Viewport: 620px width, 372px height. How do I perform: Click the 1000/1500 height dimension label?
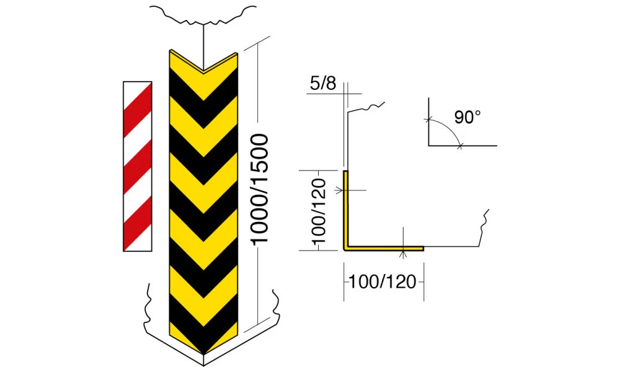pyautogui.click(x=259, y=189)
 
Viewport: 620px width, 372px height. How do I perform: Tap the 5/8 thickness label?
pyautogui.click(x=323, y=84)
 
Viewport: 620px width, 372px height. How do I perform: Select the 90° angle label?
pyautogui.click(x=467, y=117)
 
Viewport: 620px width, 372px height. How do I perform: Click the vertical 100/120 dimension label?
pyautogui.click(x=318, y=211)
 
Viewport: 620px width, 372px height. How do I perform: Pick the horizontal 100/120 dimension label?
pyautogui.click(x=382, y=282)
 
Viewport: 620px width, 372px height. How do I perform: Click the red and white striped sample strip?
pyautogui.click(x=138, y=166)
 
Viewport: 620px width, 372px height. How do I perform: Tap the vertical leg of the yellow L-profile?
pyautogui.click(x=345, y=210)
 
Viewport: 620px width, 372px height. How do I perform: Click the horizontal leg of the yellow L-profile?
pyautogui.click(x=384, y=249)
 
